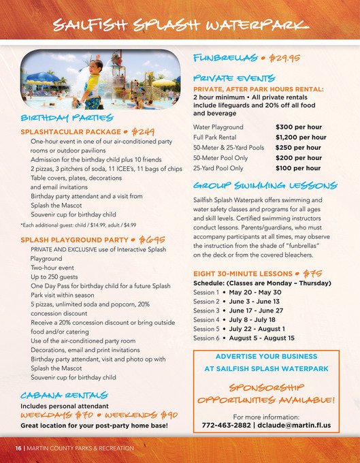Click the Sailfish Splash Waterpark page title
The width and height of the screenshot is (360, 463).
tap(180, 25)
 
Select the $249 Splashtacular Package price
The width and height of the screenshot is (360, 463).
tap(143, 130)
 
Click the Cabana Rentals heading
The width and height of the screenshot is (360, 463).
tap(63, 394)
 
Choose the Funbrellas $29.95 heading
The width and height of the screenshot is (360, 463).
tap(246, 59)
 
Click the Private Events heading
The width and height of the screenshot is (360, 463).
tap(233, 78)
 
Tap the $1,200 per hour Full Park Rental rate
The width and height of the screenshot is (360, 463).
tap(300, 137)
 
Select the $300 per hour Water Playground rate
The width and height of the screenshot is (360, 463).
tap(298, 127)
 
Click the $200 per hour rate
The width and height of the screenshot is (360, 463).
tap(298, 157)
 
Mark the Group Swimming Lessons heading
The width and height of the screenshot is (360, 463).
tap(265, 185)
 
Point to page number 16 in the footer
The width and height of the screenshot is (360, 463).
tap(19, 448)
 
